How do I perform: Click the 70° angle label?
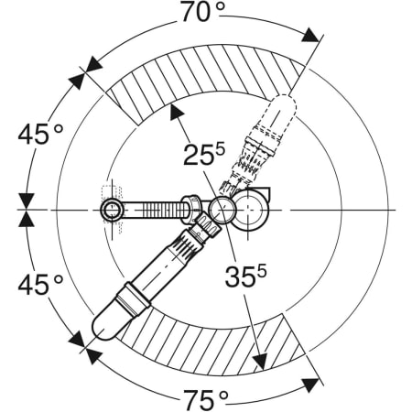202,12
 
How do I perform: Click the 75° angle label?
205,399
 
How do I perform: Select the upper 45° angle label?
40,134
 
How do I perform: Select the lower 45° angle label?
40,285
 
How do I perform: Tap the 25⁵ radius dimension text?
204,154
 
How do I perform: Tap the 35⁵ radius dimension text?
245,276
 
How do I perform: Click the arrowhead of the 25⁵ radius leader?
176,112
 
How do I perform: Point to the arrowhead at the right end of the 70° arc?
311,35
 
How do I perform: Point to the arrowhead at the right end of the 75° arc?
311,385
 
